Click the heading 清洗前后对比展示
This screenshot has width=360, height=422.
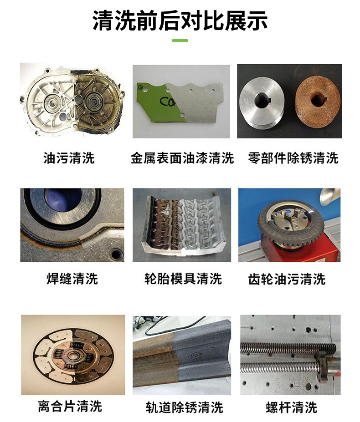(x=180, y=21)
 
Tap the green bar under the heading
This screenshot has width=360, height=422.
(x=180, y=41)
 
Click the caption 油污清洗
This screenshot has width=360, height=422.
(x=69, y=158)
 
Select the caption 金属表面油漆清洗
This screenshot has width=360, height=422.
(x=182, y=158)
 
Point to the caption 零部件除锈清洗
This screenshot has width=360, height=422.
(x=293, y=158)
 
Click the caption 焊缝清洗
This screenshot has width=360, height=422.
(x=72, y=279)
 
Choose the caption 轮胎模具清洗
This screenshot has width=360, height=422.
(x=183, y=279)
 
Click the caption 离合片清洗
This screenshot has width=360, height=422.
(x=70, y=406)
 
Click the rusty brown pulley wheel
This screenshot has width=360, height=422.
(x=317, y=101)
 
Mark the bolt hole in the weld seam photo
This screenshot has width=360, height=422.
(x=116, y=252)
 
